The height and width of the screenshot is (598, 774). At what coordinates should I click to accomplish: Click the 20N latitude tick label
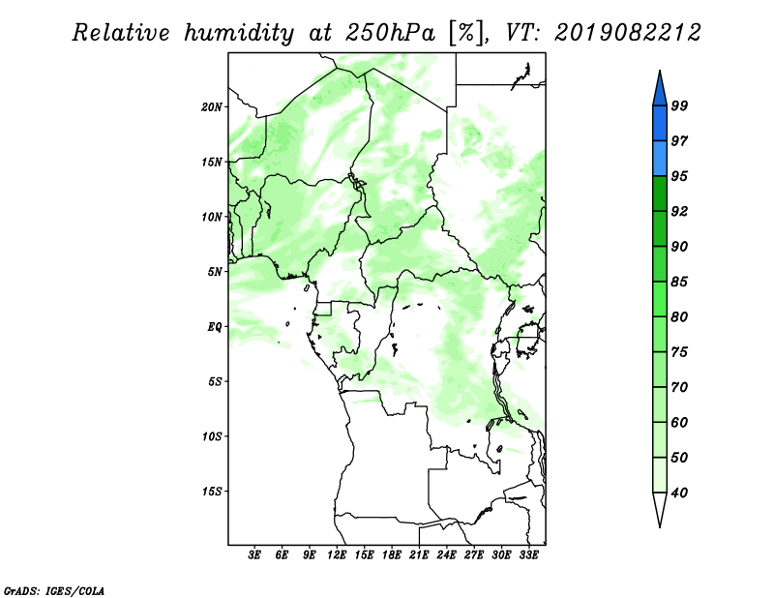[x=212, y=107]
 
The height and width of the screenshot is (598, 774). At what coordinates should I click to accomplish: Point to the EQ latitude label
[x=215, y=327]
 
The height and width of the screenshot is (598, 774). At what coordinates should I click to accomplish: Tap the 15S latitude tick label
[x=212, y=492]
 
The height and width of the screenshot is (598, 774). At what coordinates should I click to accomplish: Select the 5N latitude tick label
[x=215, y=272]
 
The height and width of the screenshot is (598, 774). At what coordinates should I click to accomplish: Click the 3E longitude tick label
[x=254, y=554]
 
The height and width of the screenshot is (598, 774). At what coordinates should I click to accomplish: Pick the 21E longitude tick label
[x=419, y=554]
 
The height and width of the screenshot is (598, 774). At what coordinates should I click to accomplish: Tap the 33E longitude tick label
[x=528, y=554]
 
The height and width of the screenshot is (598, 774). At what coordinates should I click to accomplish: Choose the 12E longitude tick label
[x=337, y=554]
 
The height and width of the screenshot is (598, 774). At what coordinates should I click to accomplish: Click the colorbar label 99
[x=679, y=105]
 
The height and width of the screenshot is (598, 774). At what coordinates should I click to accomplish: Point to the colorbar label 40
[x=679, y=493]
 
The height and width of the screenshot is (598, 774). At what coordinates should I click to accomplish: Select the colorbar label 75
[x=679, y=351]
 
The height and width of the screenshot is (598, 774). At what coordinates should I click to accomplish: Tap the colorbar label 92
[x=679, y=211]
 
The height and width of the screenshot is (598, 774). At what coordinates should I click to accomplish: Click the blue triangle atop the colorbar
[x=660, y=91]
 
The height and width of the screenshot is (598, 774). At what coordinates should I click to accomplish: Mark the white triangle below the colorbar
[x=660, y=506]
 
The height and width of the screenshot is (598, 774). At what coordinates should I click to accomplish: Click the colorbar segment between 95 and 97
[x=660, y=159]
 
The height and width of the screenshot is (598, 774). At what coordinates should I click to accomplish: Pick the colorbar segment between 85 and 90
[x=660, y=264]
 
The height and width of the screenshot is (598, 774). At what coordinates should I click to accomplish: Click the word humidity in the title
[x=239, y=33]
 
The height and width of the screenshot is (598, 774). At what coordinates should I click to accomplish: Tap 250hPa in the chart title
[x=390, y=33]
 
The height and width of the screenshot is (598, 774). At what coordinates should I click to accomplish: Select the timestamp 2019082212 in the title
[x=627, y=33]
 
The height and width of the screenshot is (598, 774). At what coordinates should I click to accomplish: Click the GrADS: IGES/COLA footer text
[x=54, y=590]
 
